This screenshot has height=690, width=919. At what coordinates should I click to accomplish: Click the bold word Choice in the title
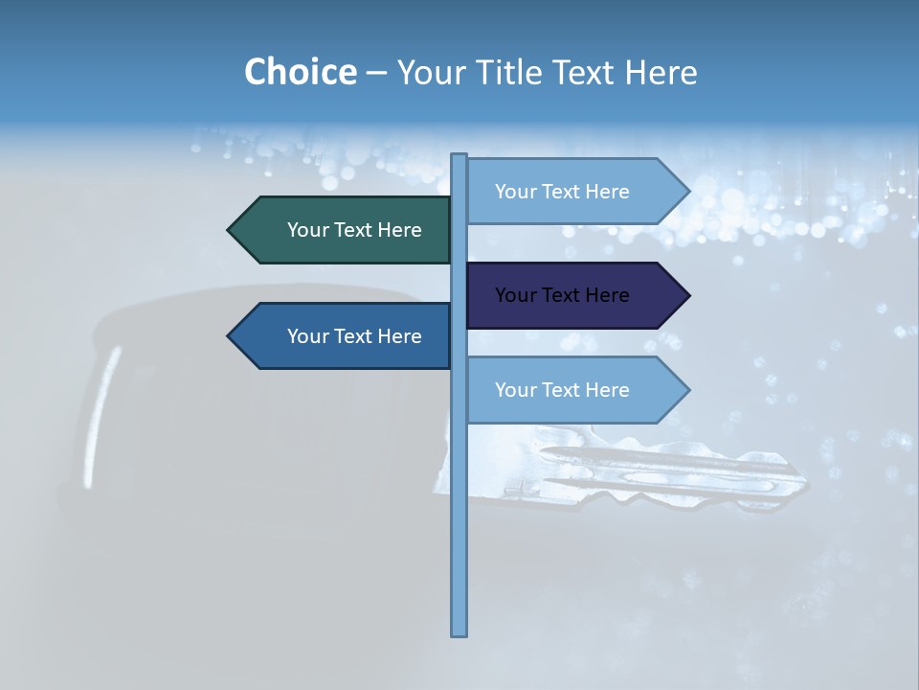coord(300,73)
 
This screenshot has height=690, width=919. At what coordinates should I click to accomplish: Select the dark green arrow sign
coord(345,230)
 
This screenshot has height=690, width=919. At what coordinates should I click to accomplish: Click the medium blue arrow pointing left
coord(345,336)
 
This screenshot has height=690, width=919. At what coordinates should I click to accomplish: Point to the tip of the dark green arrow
coord(230,230)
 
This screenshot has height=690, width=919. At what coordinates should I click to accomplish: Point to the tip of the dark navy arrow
coord(687,295)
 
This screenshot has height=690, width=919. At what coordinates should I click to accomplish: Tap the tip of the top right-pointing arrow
coord(687,192)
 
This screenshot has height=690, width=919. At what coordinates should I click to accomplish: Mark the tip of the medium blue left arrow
coord(230,336)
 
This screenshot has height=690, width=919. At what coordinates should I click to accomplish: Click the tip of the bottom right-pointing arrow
coord(687,390)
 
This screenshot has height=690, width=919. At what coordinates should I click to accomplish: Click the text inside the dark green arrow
coord(354,230)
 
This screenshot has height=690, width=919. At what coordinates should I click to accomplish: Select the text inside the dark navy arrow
coord(562,295)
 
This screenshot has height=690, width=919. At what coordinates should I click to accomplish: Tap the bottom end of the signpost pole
coord(459,632)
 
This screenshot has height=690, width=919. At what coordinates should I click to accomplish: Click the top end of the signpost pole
coord(459,156)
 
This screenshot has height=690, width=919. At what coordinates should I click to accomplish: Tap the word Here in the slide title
coord(661,73)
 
